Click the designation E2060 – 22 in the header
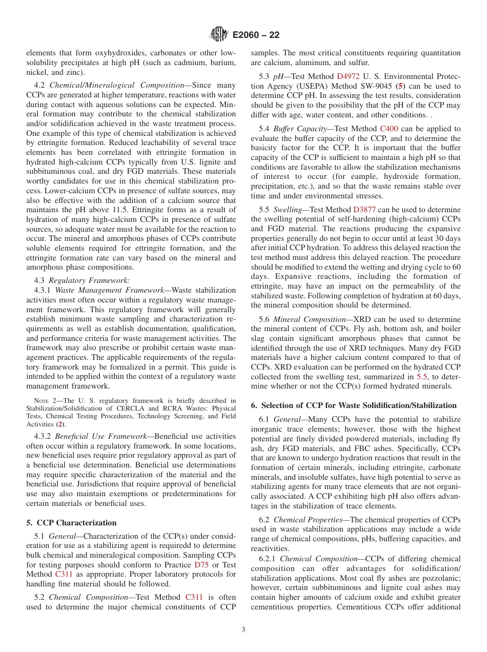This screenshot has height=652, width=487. (x=256, y=35)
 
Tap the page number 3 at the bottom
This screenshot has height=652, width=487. (x=243, y=630)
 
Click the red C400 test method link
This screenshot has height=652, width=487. (x=388, y=129)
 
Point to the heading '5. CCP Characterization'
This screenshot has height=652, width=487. (x=71, y=523)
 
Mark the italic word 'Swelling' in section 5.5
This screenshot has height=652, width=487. (x=288, y=210)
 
